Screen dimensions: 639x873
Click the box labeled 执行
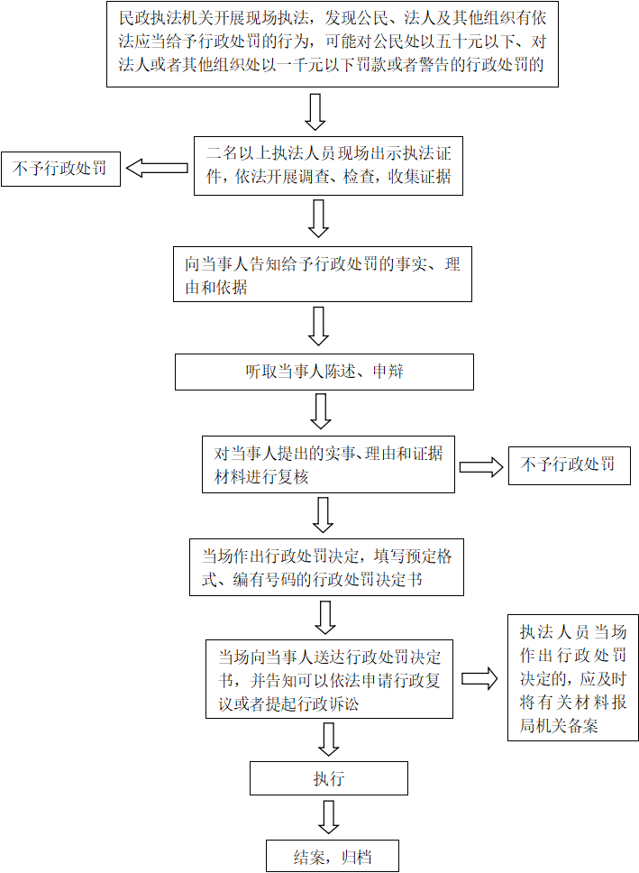(328, 777)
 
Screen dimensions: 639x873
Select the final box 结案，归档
(333, 856)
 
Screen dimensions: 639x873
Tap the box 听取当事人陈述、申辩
(324, 372)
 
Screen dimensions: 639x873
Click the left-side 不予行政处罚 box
(60, 169)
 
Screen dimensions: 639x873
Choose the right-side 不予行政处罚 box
(570, 465)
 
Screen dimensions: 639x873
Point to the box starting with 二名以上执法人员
(328, 165)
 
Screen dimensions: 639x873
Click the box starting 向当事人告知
(323, 274)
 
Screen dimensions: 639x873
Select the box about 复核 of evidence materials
(328, 464)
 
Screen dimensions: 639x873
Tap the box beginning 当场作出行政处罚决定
(327, 566)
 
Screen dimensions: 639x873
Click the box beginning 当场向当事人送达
(330, 679)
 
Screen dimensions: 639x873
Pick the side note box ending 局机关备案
(573, 677)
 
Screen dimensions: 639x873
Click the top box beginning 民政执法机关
(333, 44)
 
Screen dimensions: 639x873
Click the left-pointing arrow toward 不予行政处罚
(157, 168)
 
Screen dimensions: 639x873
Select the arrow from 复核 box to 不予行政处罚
(481, 466)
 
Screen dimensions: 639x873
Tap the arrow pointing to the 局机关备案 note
(479, 679)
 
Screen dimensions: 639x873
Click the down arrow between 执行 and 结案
(328, 817)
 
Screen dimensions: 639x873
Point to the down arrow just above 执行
(328, 740)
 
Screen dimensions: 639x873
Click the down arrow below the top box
(315, 112)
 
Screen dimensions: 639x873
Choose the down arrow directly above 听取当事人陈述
(318, 326)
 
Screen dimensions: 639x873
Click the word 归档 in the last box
(357, 857)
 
